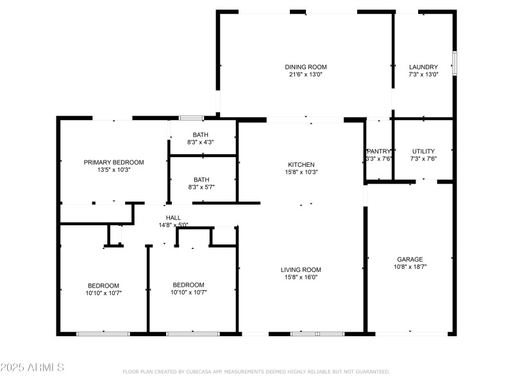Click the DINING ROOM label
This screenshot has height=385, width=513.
click(306, 67)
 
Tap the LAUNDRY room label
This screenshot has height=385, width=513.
click(423, 67)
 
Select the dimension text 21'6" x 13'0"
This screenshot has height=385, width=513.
click(306, 74)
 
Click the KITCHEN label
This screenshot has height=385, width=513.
click(301, 164)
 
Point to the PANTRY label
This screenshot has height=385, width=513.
click(379, 151)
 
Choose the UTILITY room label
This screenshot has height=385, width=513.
click(423, 151)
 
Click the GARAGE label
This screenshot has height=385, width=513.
click(410, 259)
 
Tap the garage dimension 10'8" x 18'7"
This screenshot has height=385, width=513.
click(410, 267)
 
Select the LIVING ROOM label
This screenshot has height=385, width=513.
click(301, 269)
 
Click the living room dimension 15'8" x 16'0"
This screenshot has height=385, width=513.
click(301, 277)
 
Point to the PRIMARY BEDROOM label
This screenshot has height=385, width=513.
click(114, 162)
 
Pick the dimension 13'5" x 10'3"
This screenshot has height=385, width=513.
click(114, 170)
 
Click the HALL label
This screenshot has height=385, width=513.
click(173, 218)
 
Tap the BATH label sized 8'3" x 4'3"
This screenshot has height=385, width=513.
click(201, 134)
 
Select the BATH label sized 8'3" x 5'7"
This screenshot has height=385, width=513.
click(201, 180)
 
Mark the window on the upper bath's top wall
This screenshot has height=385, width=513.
click(190, 118)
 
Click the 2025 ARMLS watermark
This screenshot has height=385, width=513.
click(32, 368)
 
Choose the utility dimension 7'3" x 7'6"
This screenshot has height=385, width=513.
click(423, 159)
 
